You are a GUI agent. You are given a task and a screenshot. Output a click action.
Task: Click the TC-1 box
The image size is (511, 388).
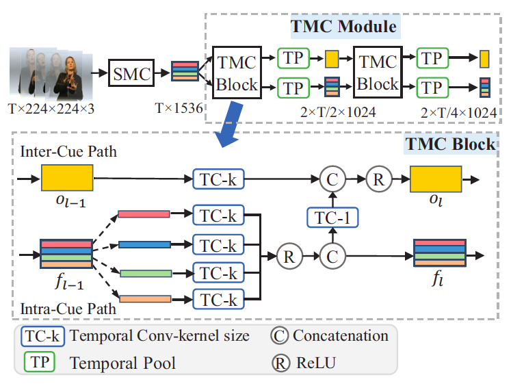332,217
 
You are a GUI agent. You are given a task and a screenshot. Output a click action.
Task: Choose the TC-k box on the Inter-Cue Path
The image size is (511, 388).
216,179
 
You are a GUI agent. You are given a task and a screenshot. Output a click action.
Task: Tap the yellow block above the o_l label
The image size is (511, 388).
435,179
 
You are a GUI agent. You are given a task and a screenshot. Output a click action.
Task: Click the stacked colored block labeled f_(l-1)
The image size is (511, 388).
66,255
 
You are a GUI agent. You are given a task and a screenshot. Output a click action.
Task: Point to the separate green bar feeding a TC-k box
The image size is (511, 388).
144,274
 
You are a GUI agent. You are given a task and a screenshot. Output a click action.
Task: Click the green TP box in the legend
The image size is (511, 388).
40,362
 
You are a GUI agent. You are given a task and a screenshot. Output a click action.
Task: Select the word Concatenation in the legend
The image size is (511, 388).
340,336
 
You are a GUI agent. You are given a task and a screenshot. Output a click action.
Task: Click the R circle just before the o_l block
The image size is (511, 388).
377,179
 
